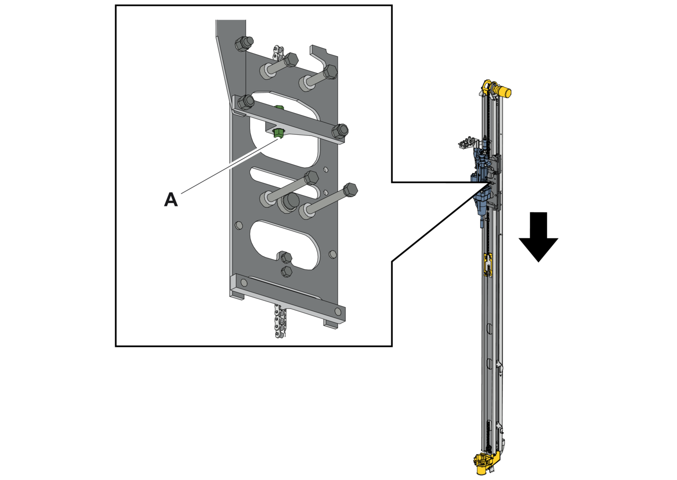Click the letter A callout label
click(171, 200)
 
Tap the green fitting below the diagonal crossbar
click(278, 133)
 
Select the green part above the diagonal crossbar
click(279, 107)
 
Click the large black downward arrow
click(538, 236)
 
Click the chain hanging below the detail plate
click(280, 321)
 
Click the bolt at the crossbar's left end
click(246, 102)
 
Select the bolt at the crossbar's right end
click(339, 131)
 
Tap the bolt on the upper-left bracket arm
click(244, 44)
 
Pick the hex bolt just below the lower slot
click(286, 271)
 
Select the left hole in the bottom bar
click(244, 283)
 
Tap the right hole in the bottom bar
click(338, 311)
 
